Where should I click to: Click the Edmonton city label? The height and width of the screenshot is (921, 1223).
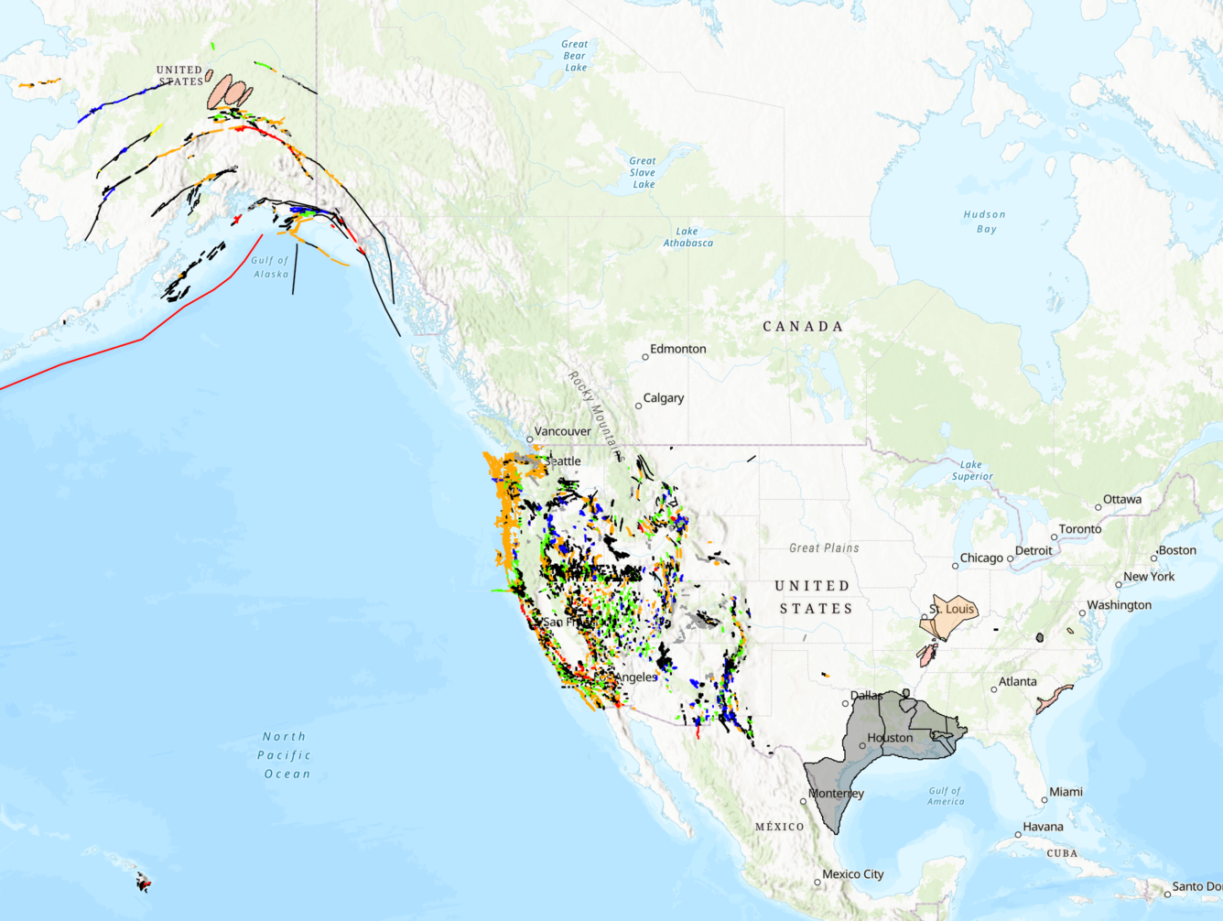pos(677,349)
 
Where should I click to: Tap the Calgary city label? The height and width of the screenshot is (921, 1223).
pos(664,398)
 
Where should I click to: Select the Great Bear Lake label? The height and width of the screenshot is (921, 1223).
pos(575,56)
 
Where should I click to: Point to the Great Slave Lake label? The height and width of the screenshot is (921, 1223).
pos(643,172)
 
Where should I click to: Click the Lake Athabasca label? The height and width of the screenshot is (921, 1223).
pos(687,237)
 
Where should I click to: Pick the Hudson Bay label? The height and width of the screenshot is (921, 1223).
pos(985,222)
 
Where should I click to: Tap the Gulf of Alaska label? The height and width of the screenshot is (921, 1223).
pos(271,267)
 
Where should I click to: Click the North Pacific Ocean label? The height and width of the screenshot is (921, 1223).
pos(286,755)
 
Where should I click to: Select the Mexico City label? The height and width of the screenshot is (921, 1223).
pos(852,874)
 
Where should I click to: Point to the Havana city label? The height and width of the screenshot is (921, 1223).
pos(1043,827)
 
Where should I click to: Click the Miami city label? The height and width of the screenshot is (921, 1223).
pos(1066,792)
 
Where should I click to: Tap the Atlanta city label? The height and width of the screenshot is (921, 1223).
pos(1017,681)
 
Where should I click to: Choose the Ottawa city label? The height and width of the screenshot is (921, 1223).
pos(1121,500)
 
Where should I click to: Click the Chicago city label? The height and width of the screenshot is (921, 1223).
pos(981,558)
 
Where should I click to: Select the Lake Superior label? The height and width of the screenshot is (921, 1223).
pos(971,471)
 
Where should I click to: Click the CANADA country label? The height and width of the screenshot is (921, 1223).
pos(803,327)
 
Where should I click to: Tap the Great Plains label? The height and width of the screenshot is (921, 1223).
pos(824,548)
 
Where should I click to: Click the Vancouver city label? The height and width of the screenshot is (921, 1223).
pos(562,431)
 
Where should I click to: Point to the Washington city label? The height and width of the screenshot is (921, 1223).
pos(1119,605)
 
